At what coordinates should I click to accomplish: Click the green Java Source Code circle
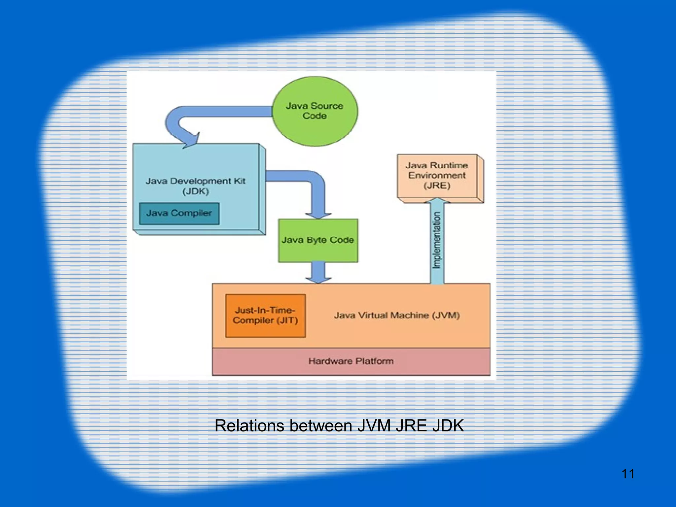point(315,111)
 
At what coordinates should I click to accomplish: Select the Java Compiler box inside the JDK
point(179,213)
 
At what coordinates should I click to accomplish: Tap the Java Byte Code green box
point(318,240)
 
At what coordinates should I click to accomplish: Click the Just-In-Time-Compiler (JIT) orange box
point(265,316)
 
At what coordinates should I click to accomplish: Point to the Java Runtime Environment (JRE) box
point(437,176)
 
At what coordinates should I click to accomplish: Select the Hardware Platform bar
point(351,361)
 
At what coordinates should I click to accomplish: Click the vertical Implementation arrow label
point(437,240)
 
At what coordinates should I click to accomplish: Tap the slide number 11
point(628,474)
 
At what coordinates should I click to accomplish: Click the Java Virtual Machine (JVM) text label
point(396,316)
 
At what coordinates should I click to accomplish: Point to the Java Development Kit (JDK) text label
point(196,186)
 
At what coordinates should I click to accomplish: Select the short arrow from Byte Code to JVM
point(318,272)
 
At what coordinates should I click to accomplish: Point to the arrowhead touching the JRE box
point(437,200)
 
